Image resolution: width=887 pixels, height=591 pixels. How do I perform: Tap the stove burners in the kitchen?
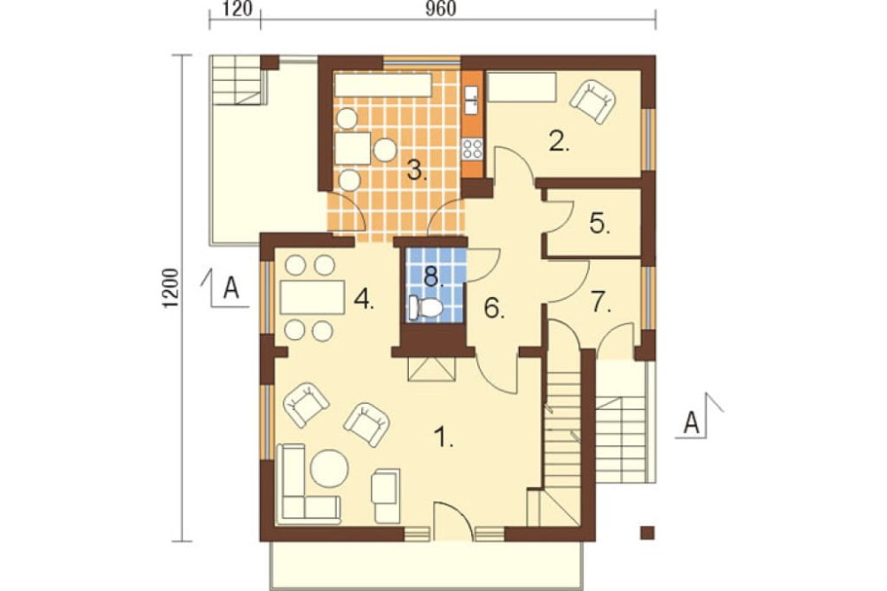click(473, 149)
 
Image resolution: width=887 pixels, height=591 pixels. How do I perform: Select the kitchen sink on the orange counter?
click(471, 99)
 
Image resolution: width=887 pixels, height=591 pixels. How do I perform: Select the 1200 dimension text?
click(171, 288)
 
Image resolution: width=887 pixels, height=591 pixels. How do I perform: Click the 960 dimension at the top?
click(440, 10)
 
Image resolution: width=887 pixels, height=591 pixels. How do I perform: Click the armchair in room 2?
click(593, 101)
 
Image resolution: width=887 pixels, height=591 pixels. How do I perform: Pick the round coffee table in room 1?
click(329, 468)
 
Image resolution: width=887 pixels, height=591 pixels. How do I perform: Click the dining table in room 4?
click(313, 297)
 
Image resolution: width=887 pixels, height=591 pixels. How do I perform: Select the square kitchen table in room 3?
click(353, 148)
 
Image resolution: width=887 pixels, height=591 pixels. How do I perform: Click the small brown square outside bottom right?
click(648, 532)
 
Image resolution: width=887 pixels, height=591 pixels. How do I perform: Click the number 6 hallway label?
click(494, 309)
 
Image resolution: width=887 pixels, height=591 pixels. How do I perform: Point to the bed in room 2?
click(521, 87)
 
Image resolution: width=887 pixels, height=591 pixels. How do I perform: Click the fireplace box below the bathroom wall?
click(432, 369)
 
